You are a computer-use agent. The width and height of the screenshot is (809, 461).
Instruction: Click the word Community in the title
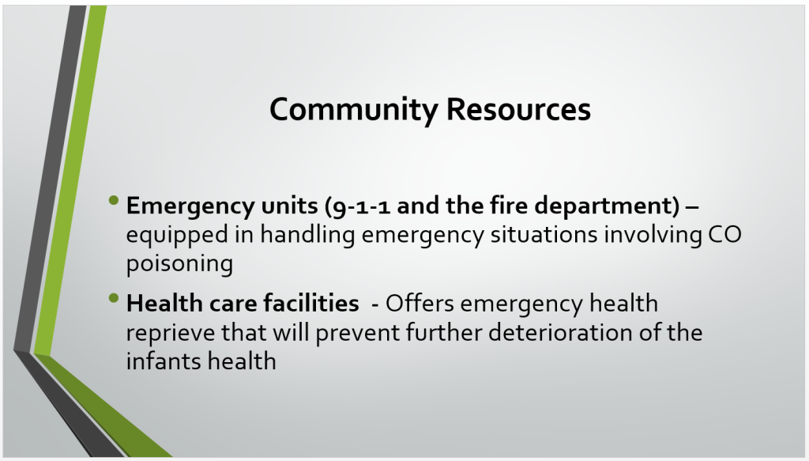click(354, 110)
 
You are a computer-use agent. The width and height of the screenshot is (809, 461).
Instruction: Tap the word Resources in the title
click(518, 109)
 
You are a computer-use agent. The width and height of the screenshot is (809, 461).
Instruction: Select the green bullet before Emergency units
click(114, 200)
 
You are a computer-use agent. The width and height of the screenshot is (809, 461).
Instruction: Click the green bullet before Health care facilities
click(114, 297)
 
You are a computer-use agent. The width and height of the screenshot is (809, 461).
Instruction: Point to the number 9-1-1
click(361, 206)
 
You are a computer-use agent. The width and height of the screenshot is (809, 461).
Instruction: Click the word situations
click(544, 234)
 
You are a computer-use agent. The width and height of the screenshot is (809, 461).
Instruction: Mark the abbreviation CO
click(725, 235)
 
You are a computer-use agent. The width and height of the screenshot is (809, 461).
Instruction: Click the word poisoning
click(179, 264)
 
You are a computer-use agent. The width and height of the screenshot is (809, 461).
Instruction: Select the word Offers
click(420, 303)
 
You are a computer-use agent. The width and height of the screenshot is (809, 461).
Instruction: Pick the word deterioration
click(560, 332)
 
